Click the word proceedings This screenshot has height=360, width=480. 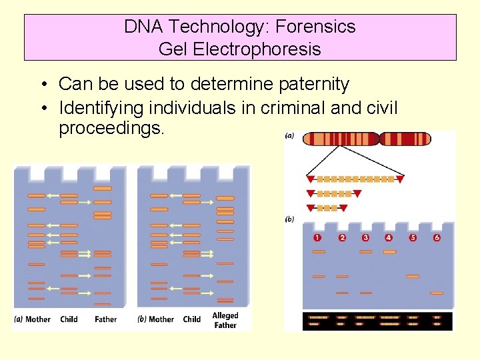click(111, 128)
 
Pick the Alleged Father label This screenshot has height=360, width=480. click(225, 320)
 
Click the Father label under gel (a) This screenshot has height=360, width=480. click(105, 319)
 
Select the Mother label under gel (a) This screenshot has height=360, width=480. click(37, 319)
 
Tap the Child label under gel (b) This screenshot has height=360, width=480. click(192, 319)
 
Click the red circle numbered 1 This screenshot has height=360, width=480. click(317, 237)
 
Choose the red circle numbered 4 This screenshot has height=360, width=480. click(389, 237)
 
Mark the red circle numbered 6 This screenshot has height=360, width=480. click(437, 237)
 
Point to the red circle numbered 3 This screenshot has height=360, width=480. click(365, 237)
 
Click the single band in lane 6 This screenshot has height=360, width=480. click(437, 293)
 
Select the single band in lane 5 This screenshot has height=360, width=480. click(413, 276)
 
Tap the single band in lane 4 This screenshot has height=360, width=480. click(389, 252)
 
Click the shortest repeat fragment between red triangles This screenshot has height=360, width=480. click(327, 208)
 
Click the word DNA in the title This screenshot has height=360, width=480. click(143, 27)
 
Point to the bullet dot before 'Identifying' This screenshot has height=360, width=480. click(42, 108)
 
